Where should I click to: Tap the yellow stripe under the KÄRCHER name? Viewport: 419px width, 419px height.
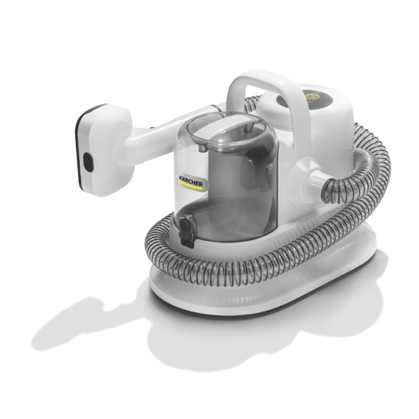(191, 184)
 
